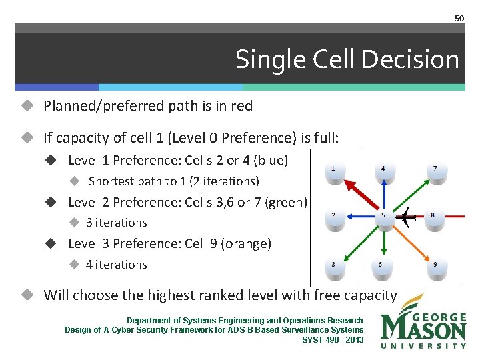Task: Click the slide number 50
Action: click(459, 18)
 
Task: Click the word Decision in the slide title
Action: click(420, 60)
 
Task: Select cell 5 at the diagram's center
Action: click(383, 219)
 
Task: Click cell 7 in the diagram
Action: click(435, 172)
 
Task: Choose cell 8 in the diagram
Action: click(433, 219)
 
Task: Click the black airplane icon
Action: click(405, 217)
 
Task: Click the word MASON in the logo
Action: click(423, 329)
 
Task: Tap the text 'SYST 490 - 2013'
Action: click(333, 339)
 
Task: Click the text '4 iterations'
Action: click(116, 265)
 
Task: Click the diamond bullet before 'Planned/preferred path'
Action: click(27, 105)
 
